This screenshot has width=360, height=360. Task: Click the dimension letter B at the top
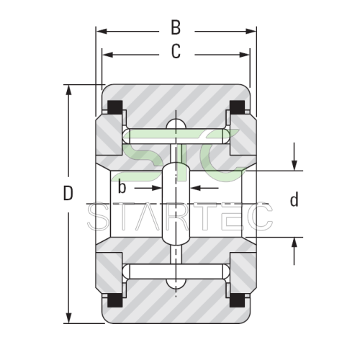(176, 27)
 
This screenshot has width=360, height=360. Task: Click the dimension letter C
(176, 51)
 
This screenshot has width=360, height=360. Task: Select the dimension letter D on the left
(68, 193)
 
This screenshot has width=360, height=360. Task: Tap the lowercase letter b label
(122, 187)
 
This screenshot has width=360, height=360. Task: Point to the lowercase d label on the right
(294, 199)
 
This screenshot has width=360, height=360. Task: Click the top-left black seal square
(115, 107)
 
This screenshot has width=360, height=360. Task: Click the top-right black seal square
(238, 107)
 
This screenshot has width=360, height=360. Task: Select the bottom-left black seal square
(115, 300)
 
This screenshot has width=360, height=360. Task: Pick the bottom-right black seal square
(238, 300)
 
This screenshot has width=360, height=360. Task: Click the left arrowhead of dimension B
(102, 31)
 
